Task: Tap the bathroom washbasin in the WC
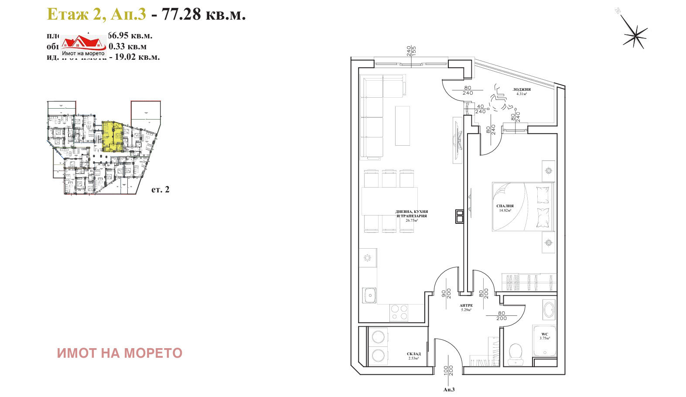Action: (549, 310)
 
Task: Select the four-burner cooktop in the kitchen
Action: (399, 312)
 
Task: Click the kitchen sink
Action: (370, 295)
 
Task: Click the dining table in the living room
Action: (389, 201)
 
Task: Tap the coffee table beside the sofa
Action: (403, 126)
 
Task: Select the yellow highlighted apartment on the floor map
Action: (112, 136)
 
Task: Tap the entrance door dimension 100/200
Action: (448, 370)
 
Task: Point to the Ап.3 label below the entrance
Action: (449, 390)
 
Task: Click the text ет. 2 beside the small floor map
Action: (160, 189)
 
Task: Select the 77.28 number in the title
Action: (181, 14)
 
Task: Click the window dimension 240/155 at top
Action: (411, 51)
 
